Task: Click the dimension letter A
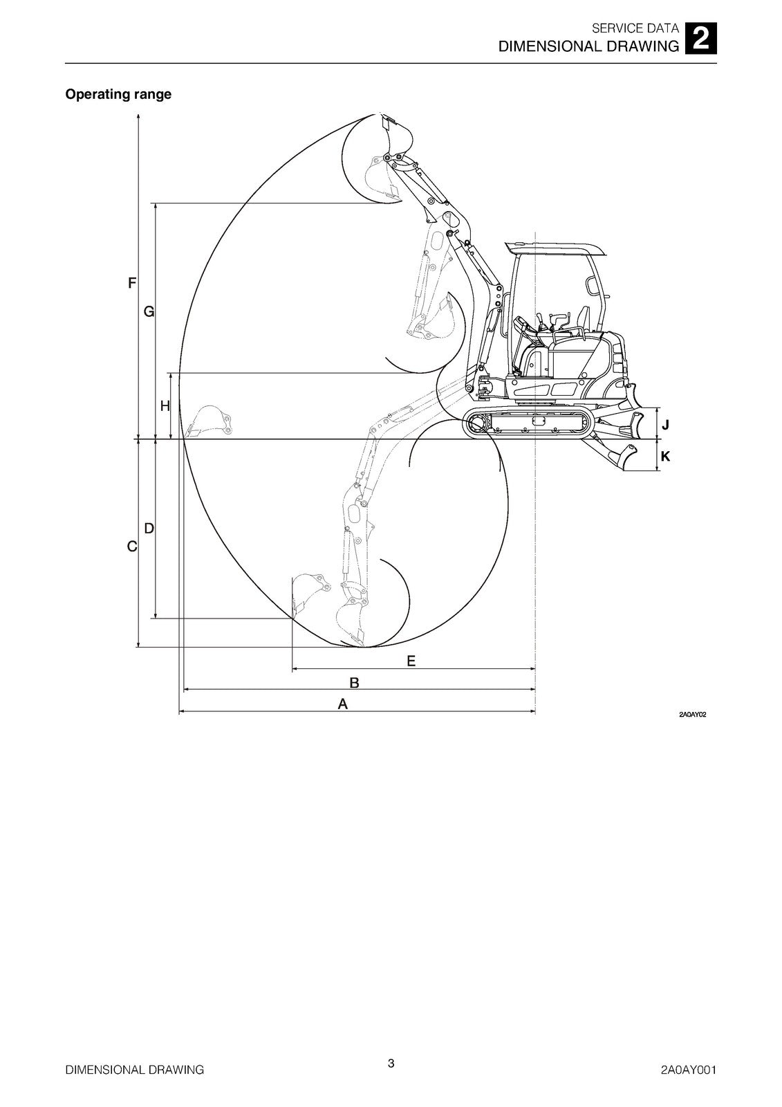point(342,704)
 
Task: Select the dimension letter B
point(354,683)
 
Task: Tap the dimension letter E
point(411,661)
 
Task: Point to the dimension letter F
point(132,283)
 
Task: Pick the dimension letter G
point(149,312)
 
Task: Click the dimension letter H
point(165,406)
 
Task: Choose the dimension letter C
point(132,547)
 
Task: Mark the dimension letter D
point(149,528)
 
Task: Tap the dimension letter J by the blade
point(665,425)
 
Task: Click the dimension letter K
point(665,456)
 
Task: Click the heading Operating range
point(118,94)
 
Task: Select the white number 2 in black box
point(700,39)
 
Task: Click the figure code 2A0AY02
point(692,714)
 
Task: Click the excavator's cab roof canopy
point(555,248)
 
